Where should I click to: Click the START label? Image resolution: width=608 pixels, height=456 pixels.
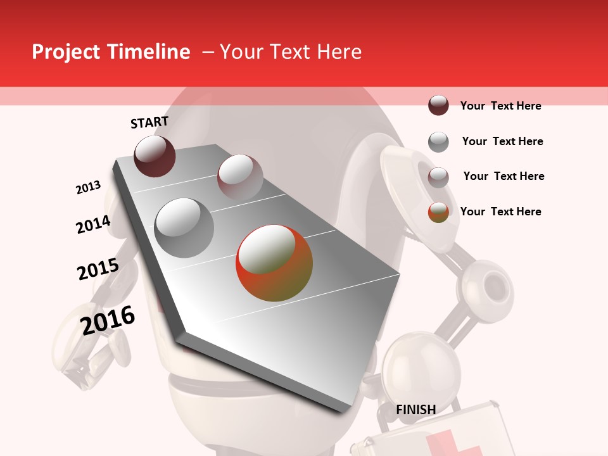(149, 122)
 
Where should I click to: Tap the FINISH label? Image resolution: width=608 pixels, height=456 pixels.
(415, 410)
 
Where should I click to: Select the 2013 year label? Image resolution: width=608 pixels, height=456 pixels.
(88, 187)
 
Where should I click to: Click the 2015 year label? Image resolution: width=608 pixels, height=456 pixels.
(98, 269)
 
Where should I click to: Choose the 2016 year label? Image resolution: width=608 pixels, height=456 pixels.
(108, 320)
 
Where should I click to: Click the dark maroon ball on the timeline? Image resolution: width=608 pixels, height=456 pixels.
(155, 156)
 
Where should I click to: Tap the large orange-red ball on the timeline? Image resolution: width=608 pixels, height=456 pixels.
(274, 263)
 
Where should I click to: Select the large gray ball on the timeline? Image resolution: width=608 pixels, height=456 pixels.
(184, 228)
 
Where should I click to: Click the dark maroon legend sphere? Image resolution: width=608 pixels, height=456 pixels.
(438, 106)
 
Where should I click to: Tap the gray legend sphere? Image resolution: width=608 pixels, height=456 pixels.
(438, 142)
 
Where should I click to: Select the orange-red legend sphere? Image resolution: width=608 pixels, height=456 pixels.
(438, 212)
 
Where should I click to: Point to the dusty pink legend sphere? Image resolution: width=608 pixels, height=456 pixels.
(438, 177)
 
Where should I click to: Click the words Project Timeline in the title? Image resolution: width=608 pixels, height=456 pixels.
(111, 52)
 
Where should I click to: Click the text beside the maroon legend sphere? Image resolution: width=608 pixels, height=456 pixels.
(500, 106)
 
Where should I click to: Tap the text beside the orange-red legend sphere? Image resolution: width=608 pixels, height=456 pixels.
(500, 212)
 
